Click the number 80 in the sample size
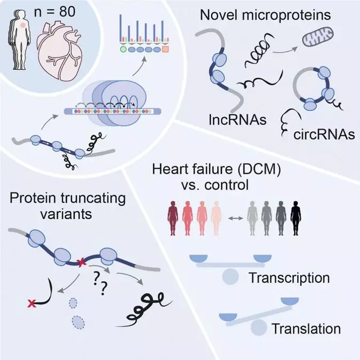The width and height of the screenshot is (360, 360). coord(67,11)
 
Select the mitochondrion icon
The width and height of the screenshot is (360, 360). coord(318,37)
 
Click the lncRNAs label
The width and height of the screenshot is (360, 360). coord(238,119)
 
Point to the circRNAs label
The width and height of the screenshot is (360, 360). coord(324,135)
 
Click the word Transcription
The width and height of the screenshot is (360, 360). coord(289,277)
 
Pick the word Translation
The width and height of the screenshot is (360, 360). coord(306,329)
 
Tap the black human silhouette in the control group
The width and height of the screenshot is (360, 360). coord(296,218)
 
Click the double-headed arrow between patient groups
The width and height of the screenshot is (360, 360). coord(236,218)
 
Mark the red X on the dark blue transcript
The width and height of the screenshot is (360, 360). coord(81,262)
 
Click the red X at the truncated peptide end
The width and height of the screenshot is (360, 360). coord(31,303)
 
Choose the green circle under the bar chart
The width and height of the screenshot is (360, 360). coord(123,49)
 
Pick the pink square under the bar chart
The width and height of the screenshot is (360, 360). coord(165,49)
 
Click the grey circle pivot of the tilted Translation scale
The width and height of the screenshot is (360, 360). coord(259,327)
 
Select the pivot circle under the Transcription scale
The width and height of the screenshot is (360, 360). coord(230,276)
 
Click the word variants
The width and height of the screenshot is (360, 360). coord(66,214)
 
